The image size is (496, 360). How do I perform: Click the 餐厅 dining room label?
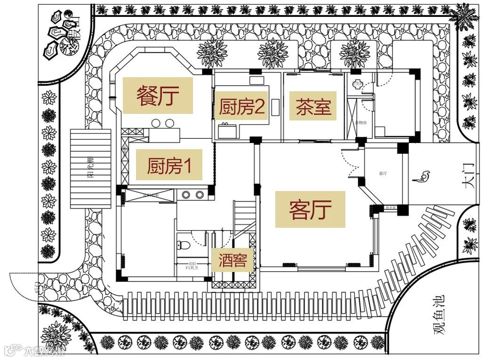click(158, 96)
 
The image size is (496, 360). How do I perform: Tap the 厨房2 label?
click(241, 108)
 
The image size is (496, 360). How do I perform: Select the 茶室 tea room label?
click(313, 107)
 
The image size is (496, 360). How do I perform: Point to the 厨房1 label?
click(169, 166)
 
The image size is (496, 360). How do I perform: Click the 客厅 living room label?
click(310, 209)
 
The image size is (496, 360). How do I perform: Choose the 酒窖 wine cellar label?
click(232, 260)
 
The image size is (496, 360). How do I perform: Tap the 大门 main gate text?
click(469, 177)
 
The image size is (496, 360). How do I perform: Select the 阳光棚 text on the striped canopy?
click(90, 168)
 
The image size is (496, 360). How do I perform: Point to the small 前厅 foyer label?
click(382, 173)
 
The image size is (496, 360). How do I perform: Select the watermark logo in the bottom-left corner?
click(35, 351)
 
